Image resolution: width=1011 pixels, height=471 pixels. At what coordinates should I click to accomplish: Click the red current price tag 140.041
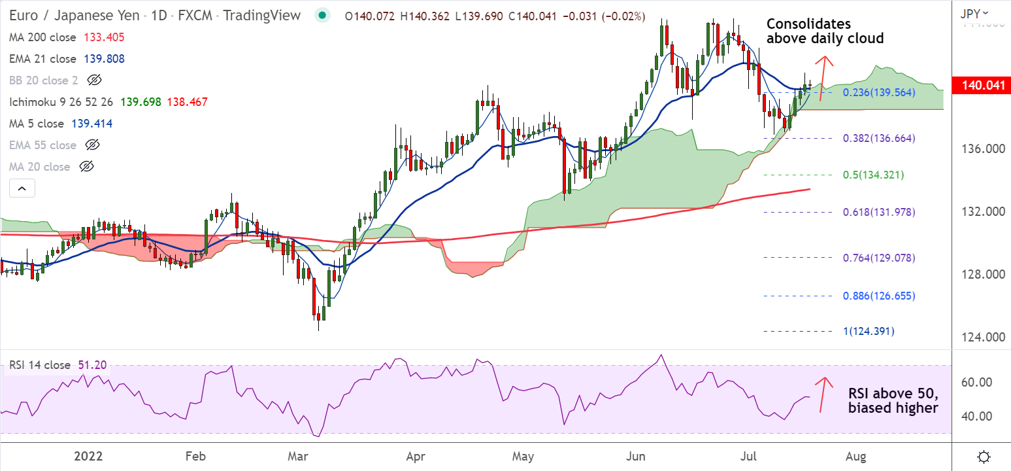tap(980, 85)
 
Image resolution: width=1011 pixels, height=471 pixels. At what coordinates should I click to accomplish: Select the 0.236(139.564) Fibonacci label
tap(879, 93)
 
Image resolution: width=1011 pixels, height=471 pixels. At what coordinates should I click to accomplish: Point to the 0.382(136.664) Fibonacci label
tap(879, 139)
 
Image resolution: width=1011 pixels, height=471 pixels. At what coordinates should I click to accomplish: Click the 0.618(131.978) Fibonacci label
tap(879, 213)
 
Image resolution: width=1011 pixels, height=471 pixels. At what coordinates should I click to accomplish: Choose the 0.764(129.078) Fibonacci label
tap(879, 258)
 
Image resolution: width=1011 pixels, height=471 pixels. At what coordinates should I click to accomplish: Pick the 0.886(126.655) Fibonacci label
tap(879, 296)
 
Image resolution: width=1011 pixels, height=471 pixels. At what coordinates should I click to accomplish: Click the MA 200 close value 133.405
tap(104, 38)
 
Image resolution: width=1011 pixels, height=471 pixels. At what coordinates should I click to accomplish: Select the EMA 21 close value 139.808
tap(104, 59)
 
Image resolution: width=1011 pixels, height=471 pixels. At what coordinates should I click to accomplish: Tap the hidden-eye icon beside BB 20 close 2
tap(95, 80)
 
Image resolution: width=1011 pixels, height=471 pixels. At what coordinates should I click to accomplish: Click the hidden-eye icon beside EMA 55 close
tap(92, 145)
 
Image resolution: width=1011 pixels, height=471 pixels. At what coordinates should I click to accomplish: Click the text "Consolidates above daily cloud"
tap(825, 31)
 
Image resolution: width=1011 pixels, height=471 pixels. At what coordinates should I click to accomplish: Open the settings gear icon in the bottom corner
tap(984, 456)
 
